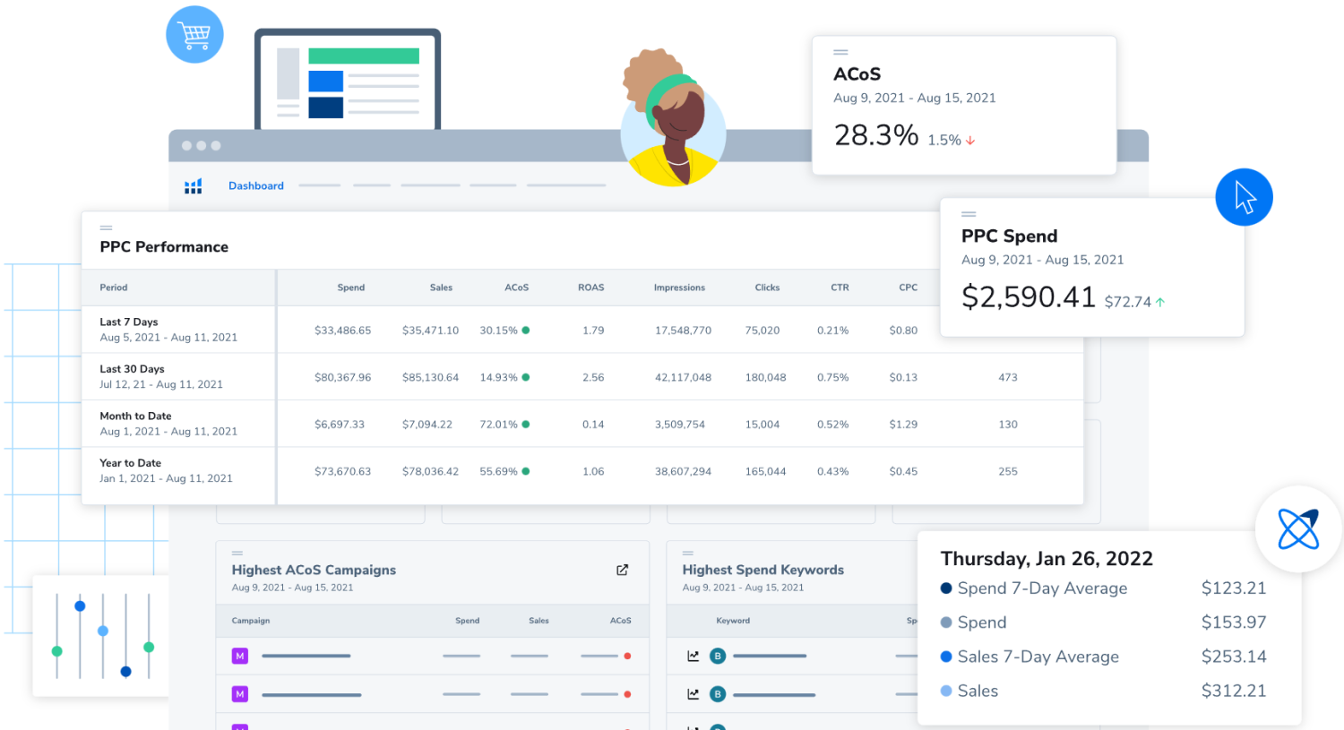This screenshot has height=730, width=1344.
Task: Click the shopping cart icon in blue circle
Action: (x=194, y=35)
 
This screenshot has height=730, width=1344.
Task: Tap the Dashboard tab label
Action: (x=255, y=186)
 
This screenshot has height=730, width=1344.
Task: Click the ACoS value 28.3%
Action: (x=875, y=135)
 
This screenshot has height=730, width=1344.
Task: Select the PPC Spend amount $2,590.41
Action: (x=1028, y=297)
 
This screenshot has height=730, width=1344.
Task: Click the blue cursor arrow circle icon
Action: (x=1244, y=197)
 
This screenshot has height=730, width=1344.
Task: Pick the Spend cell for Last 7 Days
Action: (x=342, y=331)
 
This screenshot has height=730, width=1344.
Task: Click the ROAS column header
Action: (x=590, y=288)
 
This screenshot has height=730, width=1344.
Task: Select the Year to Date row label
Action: (x=131, y=463)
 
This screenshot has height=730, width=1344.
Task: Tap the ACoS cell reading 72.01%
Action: (x=499, y=425)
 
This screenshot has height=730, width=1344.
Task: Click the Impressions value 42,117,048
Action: (x=683, y=378)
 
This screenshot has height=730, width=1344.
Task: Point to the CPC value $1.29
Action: (x=903, y=425)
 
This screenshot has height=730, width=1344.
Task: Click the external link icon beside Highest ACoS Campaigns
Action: (x=622, y=571)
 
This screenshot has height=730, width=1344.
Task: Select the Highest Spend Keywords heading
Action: (x=762, y=570)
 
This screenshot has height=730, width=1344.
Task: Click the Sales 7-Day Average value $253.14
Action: (x=1233, y=657)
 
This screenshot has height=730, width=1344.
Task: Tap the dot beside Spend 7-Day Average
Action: (x=946, y=588)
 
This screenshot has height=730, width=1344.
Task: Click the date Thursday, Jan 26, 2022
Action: (x=1046, y=559)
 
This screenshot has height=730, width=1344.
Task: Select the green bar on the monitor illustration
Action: (x=363, y=56)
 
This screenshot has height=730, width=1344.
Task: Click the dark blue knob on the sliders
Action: (x=125, y=671)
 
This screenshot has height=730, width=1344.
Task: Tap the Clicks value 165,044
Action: (x=765, y=472)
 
